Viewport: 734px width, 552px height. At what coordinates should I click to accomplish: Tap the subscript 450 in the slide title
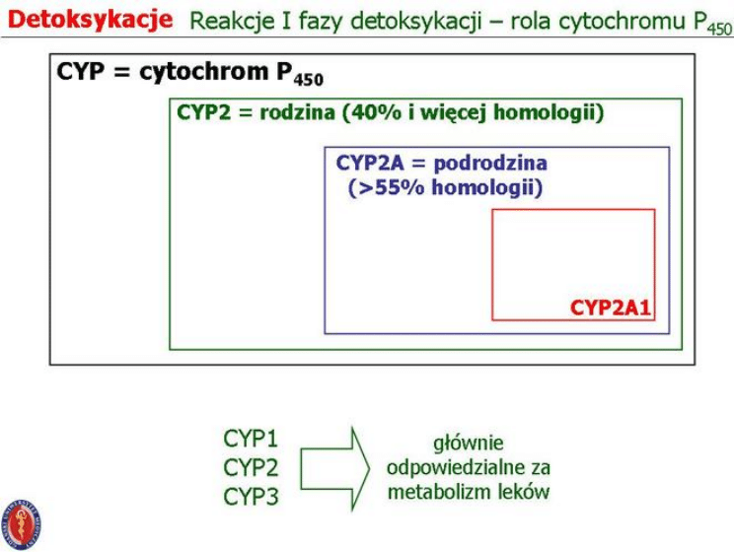pos(718,30)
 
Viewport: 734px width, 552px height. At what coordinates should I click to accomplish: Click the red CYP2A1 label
pos(611,307)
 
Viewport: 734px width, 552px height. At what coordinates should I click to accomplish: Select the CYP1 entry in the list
pos(252,438)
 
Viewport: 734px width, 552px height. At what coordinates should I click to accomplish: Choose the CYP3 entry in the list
pos(252,497)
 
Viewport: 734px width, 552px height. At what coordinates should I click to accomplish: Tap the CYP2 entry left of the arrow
pos(252,467)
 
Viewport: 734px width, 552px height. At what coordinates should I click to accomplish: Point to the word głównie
pos(469,444)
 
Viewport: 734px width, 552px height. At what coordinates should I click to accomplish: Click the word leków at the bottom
pos(523,491)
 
